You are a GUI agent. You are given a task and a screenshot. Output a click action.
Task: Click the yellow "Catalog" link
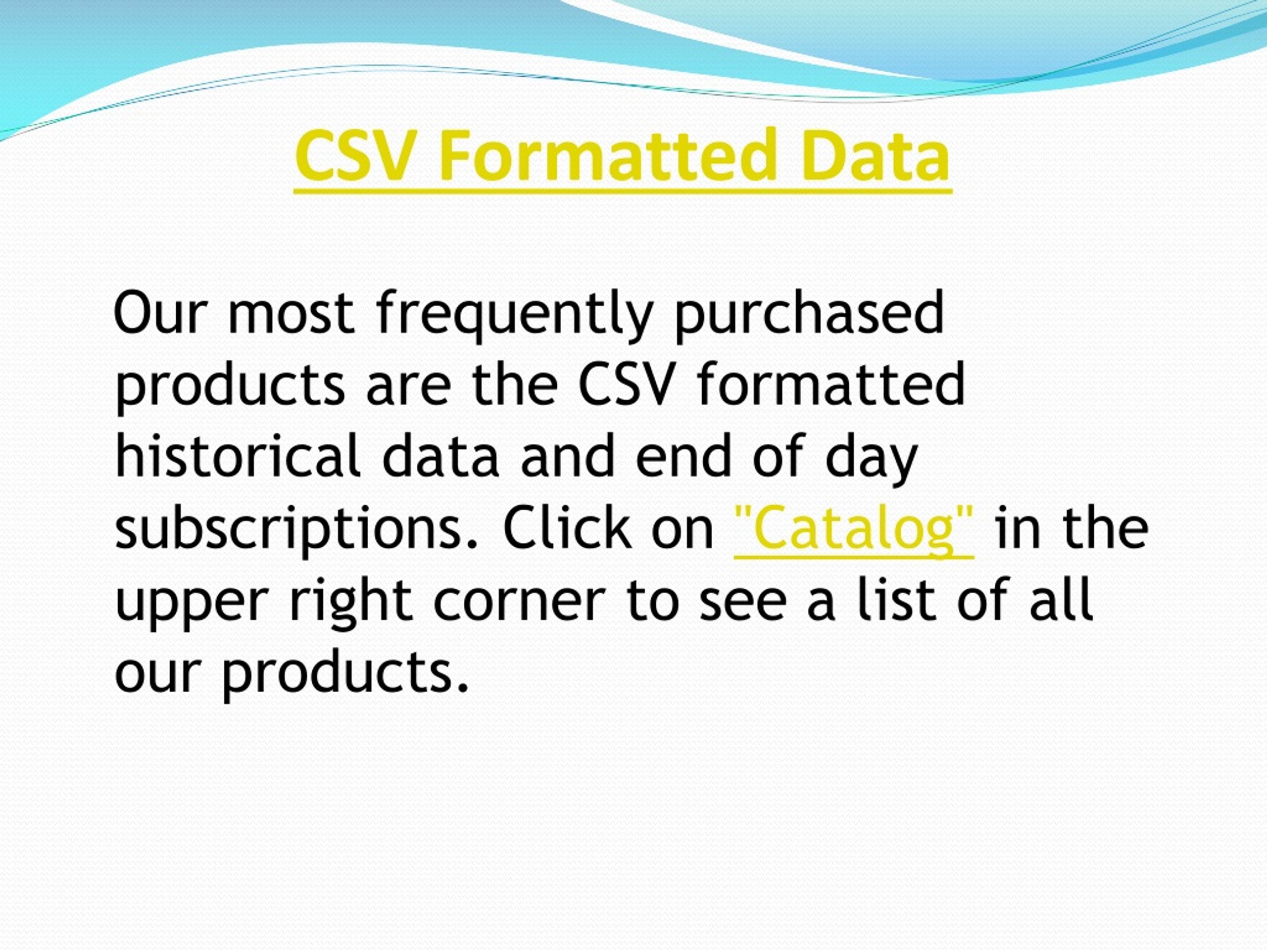pos(853,528)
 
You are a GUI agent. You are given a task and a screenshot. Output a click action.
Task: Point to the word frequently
pos(514,315)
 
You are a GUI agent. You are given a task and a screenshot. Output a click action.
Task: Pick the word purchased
pos(809,315)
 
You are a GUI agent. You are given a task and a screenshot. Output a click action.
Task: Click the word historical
pos(237,456)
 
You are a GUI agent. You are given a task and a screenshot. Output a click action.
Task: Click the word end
pos(684,456)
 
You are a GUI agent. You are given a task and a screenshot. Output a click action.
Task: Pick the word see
pos(742,601)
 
